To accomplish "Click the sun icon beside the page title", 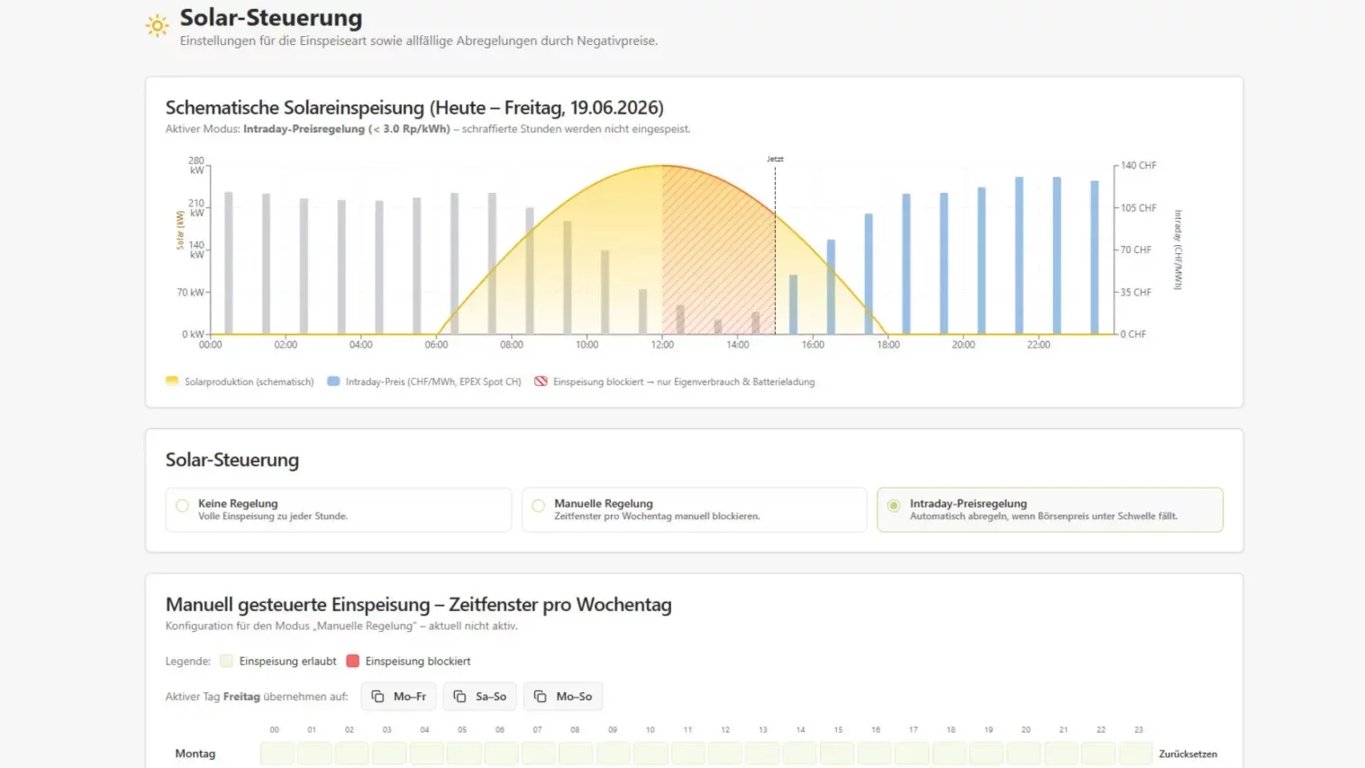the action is [157, 25].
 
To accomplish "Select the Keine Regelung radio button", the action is [182, 506].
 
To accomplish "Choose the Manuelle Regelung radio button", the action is [538, 506].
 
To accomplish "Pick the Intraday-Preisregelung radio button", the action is [894, 506].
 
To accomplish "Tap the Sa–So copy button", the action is [480, 696].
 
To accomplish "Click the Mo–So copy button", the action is [563, 696].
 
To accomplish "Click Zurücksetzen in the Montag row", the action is [1188, 754].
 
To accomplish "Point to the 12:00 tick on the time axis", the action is [662, 345].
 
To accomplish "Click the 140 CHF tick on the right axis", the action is [1138, 165].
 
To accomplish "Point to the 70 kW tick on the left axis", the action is [191, 292].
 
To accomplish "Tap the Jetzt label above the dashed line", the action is [775, 159].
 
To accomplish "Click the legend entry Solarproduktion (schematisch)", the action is [240, 381].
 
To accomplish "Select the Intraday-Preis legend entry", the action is [424, 381].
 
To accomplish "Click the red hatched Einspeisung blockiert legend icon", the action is [541, 381].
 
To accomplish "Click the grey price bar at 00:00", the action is [229, 262].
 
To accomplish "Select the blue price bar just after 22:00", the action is [1057, 255].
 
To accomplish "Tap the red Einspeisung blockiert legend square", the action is [353, 662].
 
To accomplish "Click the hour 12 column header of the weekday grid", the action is [725, 729].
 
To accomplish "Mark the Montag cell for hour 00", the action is [278, 754].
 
